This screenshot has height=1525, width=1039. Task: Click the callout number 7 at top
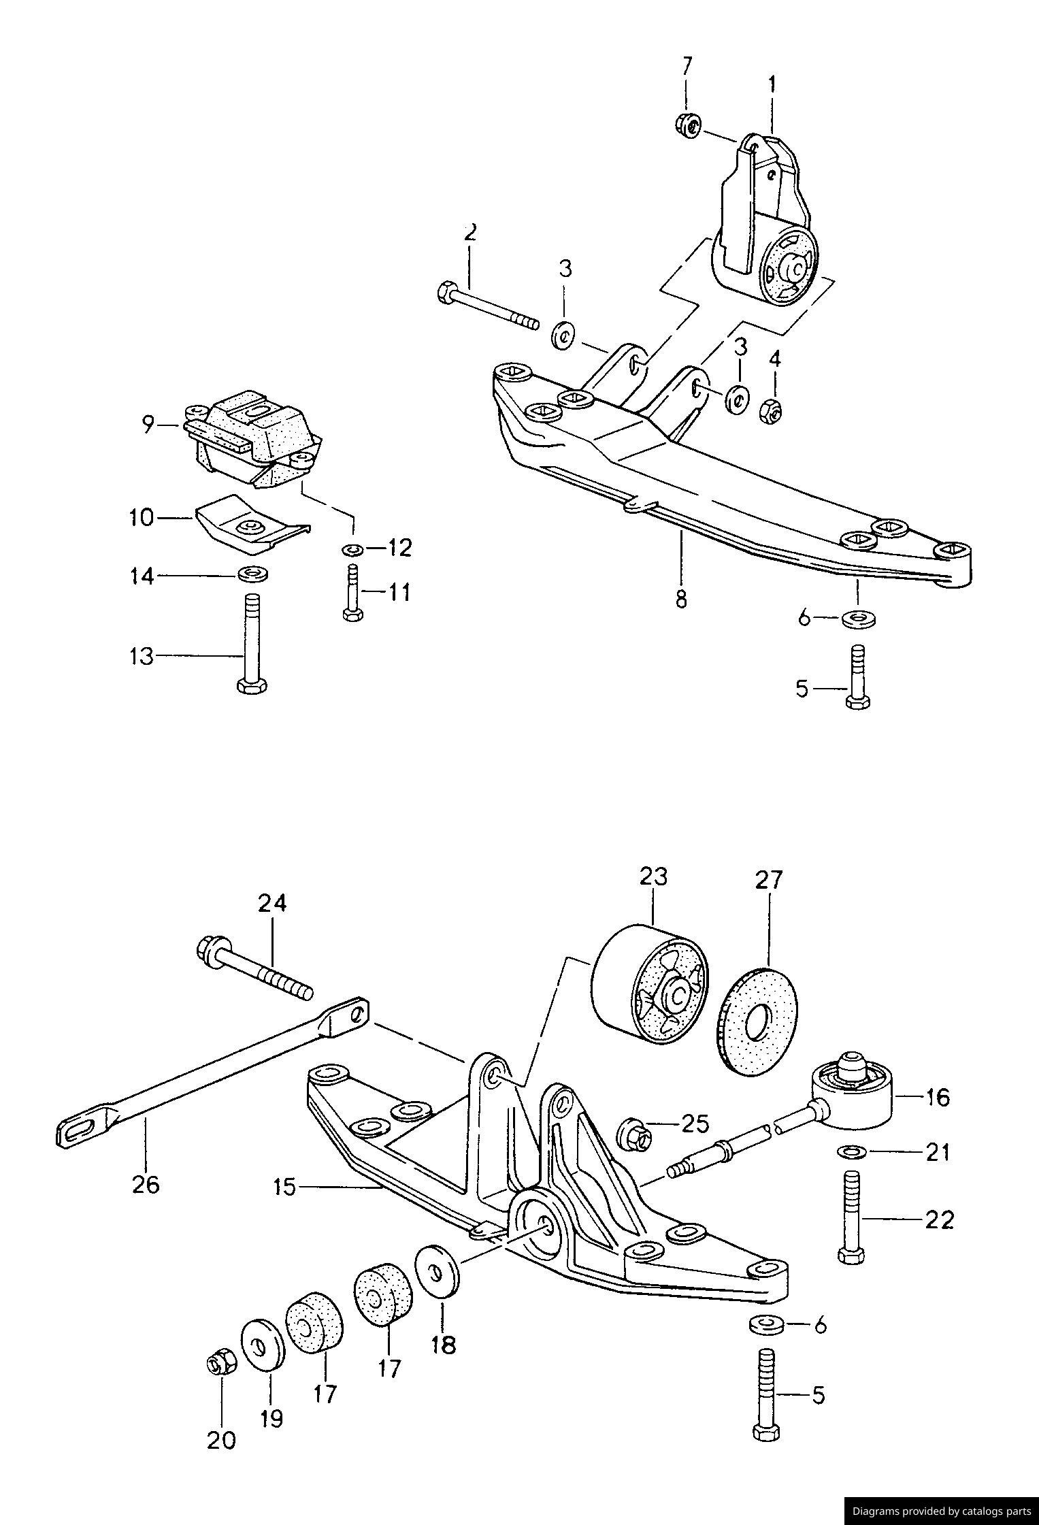click(x=687, y=66)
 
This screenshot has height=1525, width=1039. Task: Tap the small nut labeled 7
click(x=689, y=125)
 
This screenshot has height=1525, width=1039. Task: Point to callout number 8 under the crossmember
click(x=681, y=599)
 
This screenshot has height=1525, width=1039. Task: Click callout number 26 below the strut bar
click(x=146, y=1184)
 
